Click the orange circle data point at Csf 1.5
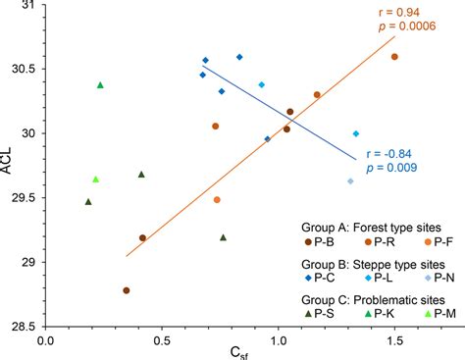pos(394,57)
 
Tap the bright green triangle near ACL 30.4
pos(100,85)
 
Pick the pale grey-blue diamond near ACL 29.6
pos(350,180)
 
